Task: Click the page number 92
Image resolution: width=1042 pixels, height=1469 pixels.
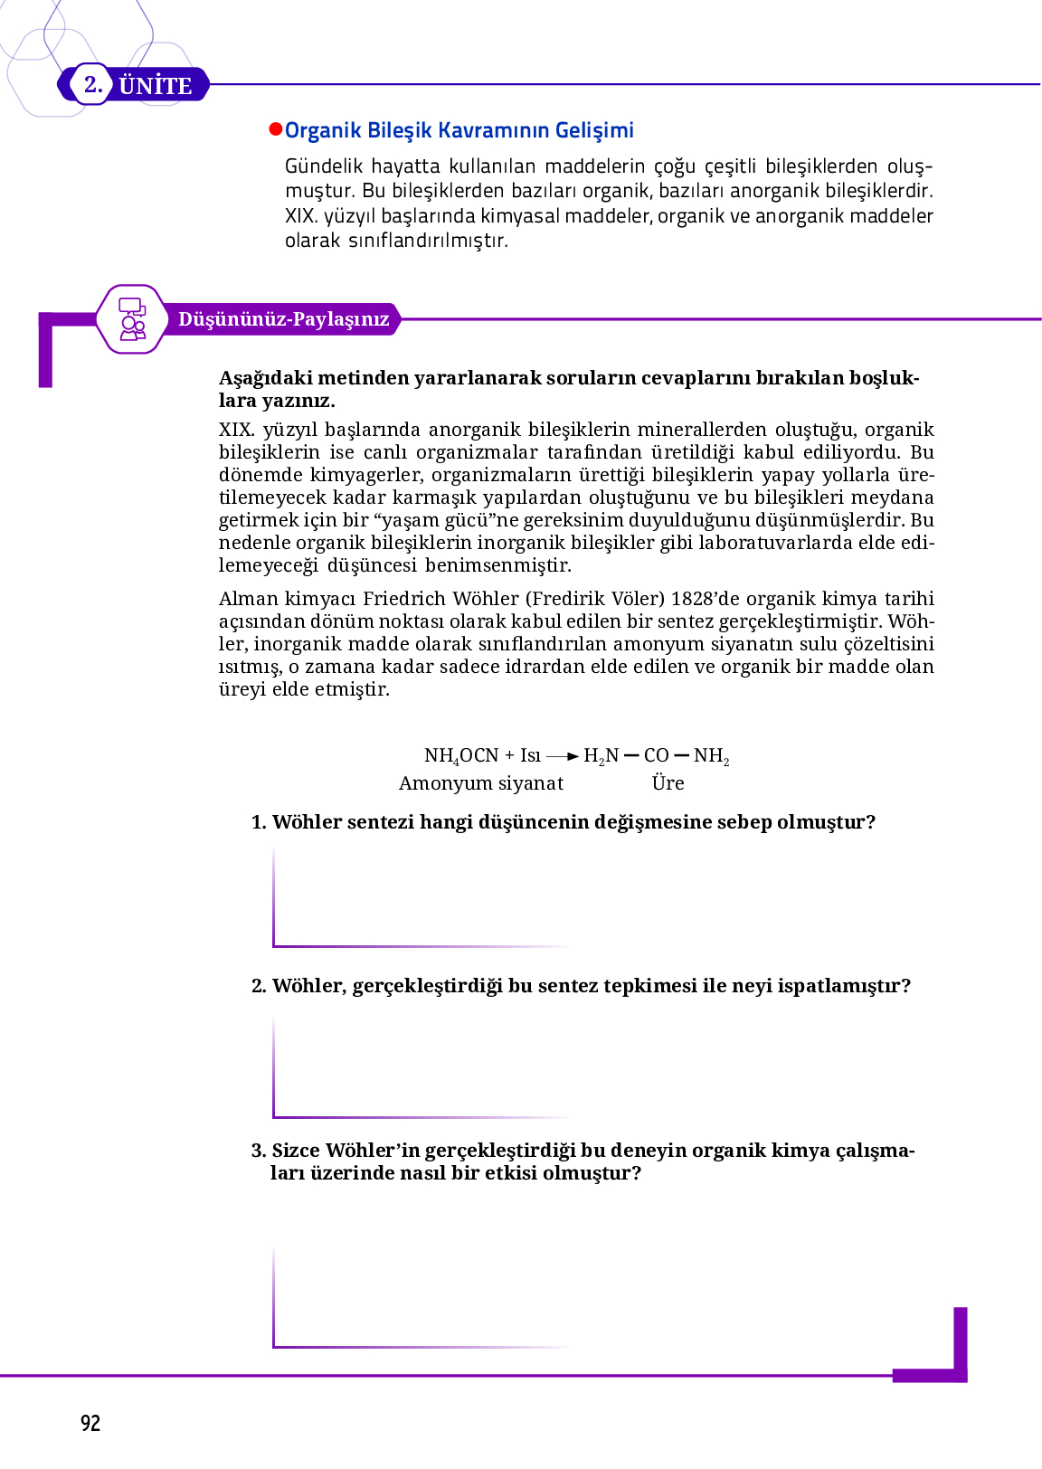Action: [90, 1423]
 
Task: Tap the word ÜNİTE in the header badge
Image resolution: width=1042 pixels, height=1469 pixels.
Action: [156, 86]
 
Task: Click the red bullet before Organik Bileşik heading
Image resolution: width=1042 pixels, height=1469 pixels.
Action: [276, 129]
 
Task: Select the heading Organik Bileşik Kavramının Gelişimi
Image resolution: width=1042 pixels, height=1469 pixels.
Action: [459, 130]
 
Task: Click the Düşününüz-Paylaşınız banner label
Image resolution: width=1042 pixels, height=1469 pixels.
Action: [283, 319]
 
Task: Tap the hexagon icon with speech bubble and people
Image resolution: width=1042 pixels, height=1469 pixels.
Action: [132, 318]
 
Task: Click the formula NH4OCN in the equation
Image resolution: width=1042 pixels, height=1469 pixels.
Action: [461, 756]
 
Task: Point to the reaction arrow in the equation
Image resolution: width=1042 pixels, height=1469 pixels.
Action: [563, 756]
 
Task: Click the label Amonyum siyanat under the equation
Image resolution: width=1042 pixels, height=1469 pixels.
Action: [481, 783]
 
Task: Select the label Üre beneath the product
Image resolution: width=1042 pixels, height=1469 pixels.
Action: [668, 783]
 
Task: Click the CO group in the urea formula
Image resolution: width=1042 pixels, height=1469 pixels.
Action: [657, 756]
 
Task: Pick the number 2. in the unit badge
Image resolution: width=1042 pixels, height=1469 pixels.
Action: [93, 85]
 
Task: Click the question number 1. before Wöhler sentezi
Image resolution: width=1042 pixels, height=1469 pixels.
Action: [259, 822]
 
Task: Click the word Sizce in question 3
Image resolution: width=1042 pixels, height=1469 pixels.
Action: [296, 1151]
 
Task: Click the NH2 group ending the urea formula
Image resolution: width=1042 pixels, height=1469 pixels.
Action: [712, 756]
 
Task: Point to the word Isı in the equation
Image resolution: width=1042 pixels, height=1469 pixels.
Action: [531, 756]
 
